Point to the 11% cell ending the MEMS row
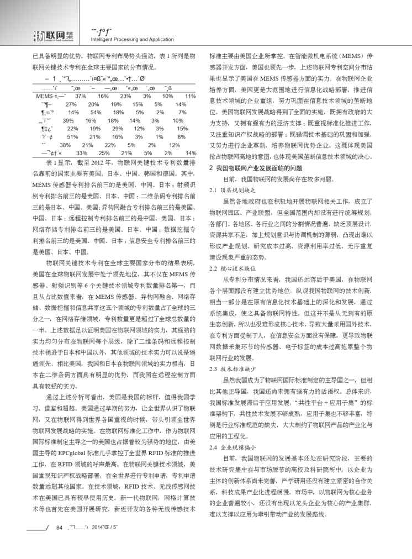191,96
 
